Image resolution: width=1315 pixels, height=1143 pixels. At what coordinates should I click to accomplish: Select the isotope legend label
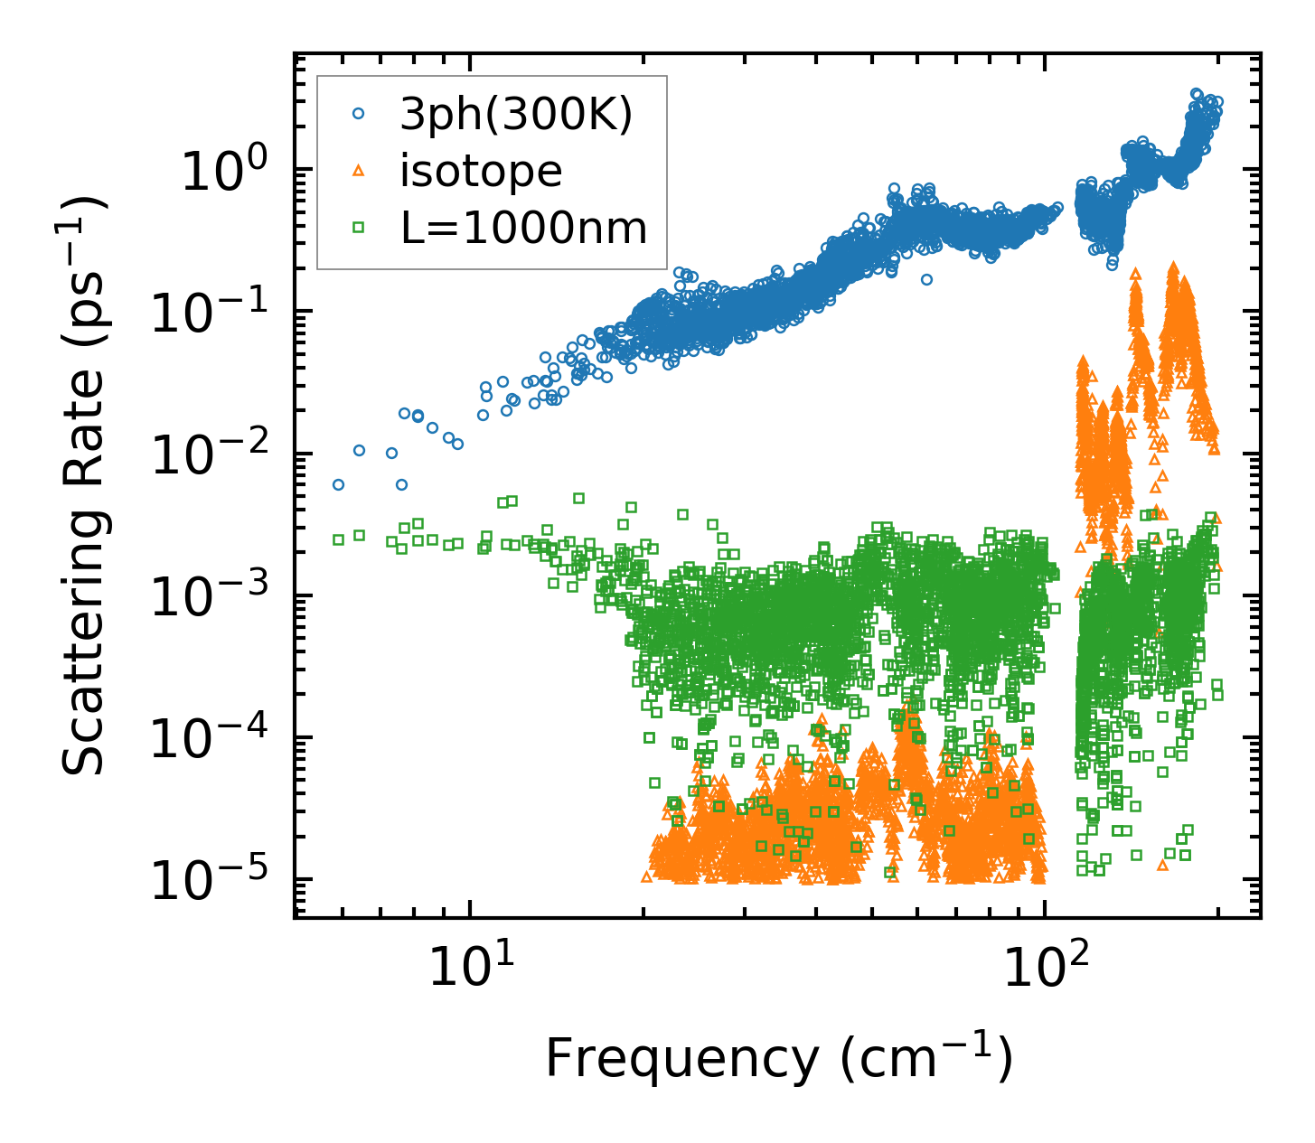481,171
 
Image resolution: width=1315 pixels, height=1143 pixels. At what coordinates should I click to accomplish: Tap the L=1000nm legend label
524,229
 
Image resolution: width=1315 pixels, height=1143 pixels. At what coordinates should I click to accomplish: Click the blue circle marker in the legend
358,114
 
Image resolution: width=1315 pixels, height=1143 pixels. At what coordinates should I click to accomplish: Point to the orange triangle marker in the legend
358,171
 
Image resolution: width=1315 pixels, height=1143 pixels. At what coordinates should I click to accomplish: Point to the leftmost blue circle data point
338,485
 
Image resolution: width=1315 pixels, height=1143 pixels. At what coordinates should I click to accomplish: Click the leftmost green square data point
338,539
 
